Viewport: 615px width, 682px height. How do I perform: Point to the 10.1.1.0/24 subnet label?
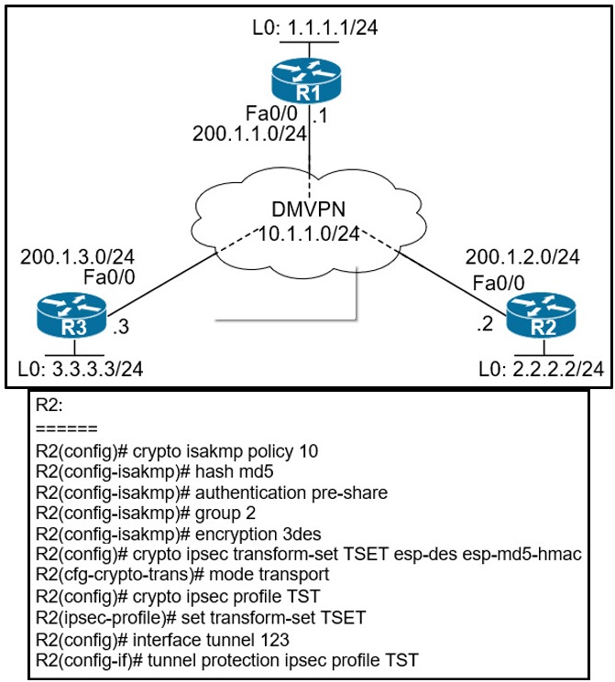(x=307, y=234)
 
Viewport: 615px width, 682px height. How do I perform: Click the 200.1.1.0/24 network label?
(x=247, y=134)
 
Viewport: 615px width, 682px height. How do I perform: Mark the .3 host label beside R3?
(x=119, y=324)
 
